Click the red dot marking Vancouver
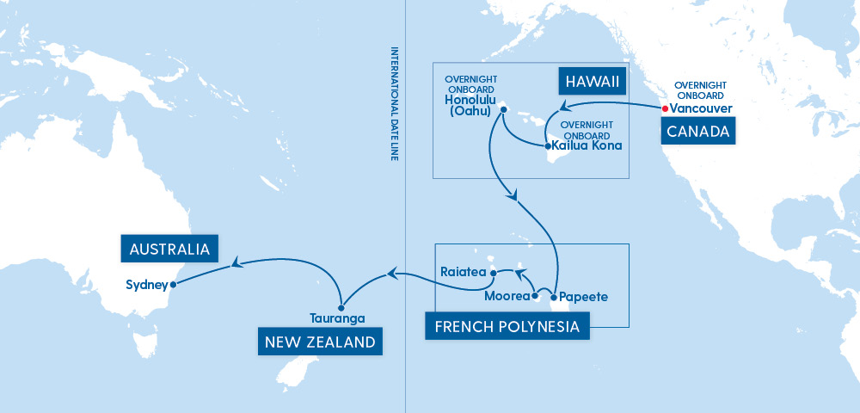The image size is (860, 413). point(665,109)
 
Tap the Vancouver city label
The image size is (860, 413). point(701,109)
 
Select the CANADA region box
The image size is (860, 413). point(698,133)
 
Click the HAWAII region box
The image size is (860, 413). point(592,83)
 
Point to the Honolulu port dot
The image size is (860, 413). point(504,109)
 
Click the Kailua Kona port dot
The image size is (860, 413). point(548,146)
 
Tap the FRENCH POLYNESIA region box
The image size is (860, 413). point(507,327)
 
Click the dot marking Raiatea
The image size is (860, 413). point(493,274)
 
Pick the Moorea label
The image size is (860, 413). point(508,297)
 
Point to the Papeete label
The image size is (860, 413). point(584,297)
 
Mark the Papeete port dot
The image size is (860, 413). point(554,297)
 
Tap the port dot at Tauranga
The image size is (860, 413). point(341,306)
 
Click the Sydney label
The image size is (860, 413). point(145,285)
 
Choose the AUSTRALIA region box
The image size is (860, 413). point(169,250)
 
